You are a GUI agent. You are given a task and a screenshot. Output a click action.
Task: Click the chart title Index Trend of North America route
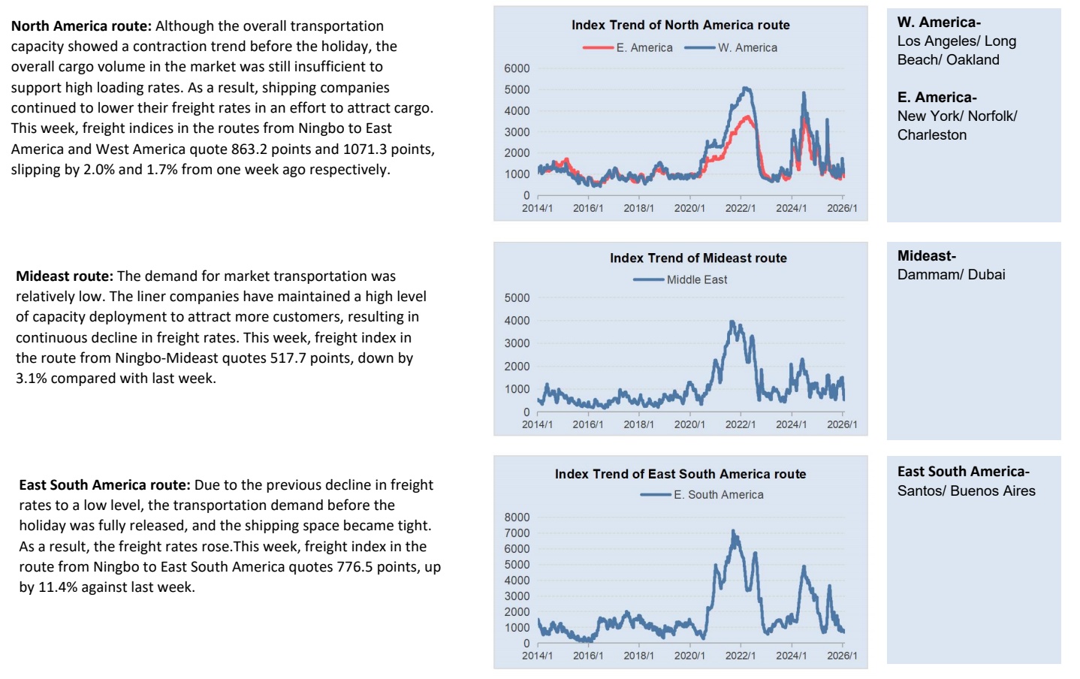(680, 25)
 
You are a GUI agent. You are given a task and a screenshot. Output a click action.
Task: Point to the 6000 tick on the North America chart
(517, 68)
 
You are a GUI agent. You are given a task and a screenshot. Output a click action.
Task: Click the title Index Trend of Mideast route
(698, 258)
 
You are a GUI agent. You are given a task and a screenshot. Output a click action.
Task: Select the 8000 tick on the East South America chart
(517, 517)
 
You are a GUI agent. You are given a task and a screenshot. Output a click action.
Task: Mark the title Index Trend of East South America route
(680, 474)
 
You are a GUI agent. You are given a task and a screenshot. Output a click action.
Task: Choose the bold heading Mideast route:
(65, 276)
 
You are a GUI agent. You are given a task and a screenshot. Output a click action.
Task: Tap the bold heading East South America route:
(104, 485)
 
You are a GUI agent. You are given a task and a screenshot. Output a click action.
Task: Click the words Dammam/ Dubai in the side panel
(951, 274)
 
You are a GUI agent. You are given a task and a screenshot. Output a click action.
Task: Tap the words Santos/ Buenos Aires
(966, 490)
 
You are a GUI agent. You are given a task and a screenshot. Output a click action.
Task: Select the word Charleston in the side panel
(931, 134)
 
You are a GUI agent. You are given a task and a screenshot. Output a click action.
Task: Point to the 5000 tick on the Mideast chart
(517, 297)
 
